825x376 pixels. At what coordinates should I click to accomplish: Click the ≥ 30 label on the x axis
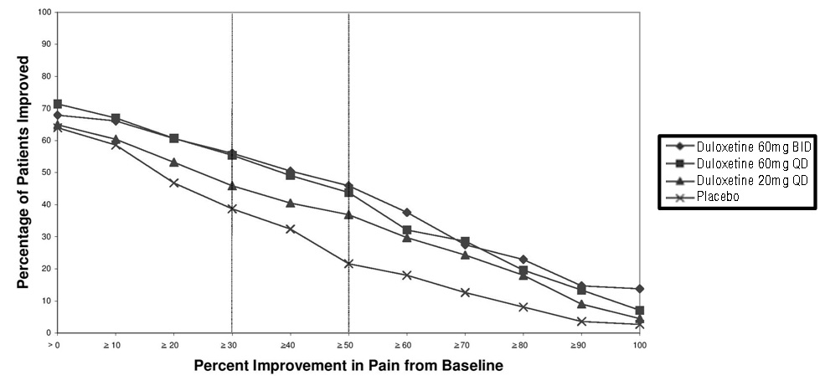point(231,344)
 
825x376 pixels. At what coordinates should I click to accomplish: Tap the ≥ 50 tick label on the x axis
point(348,344)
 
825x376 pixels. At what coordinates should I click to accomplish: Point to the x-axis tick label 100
point(639,344)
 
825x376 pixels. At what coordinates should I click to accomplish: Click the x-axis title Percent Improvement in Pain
point(348,366)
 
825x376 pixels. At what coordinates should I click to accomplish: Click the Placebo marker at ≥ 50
point(348,264)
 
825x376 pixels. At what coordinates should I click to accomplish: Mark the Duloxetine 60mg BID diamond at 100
point(639,289)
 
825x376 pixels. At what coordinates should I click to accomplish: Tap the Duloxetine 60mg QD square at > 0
point(57,105)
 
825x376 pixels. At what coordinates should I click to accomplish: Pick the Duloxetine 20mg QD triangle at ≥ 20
point(173,162)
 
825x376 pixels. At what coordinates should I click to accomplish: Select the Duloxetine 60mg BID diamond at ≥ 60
point(407,213)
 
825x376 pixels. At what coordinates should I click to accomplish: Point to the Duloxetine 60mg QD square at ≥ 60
point(407,230)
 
